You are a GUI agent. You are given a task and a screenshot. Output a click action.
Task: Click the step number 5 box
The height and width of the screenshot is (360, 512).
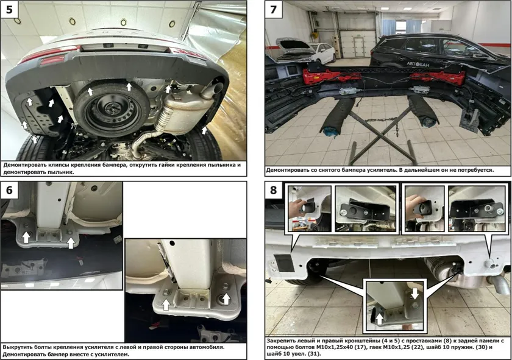click(9, 10)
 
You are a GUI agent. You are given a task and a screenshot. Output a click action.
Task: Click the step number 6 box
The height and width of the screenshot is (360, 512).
click(9, 190)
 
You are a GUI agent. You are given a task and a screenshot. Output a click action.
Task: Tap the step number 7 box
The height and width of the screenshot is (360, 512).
click(273, 10)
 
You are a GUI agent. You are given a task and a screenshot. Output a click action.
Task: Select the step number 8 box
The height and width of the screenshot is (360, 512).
click(273, 190)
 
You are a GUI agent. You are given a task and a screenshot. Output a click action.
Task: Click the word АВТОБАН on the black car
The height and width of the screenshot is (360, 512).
click(418, 64)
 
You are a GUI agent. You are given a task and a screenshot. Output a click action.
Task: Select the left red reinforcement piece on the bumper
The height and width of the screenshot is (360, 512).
click(332, 76)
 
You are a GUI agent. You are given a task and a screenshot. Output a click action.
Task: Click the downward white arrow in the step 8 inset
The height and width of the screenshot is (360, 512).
click(414, 294)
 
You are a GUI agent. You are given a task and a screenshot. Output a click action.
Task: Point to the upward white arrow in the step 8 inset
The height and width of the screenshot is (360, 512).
click(379, 319)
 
